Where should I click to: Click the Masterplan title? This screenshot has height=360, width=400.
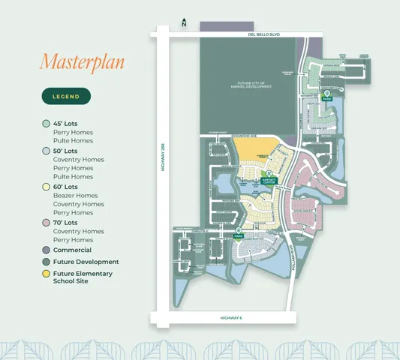[82, 61]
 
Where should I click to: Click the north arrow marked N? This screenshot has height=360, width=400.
[184, 23]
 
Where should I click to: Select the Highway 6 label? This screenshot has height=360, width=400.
[231, 318]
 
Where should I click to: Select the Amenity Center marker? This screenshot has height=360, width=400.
[269, 178]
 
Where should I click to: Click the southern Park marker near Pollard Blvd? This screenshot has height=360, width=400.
[238, 233]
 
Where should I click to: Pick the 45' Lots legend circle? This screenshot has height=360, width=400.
[47, 123]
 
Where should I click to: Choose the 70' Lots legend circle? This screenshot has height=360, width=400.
[47, 223]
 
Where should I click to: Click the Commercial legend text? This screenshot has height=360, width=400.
[72, 250]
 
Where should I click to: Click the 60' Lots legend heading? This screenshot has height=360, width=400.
[65, 187]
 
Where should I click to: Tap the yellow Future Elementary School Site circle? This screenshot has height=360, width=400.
[47, 274]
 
